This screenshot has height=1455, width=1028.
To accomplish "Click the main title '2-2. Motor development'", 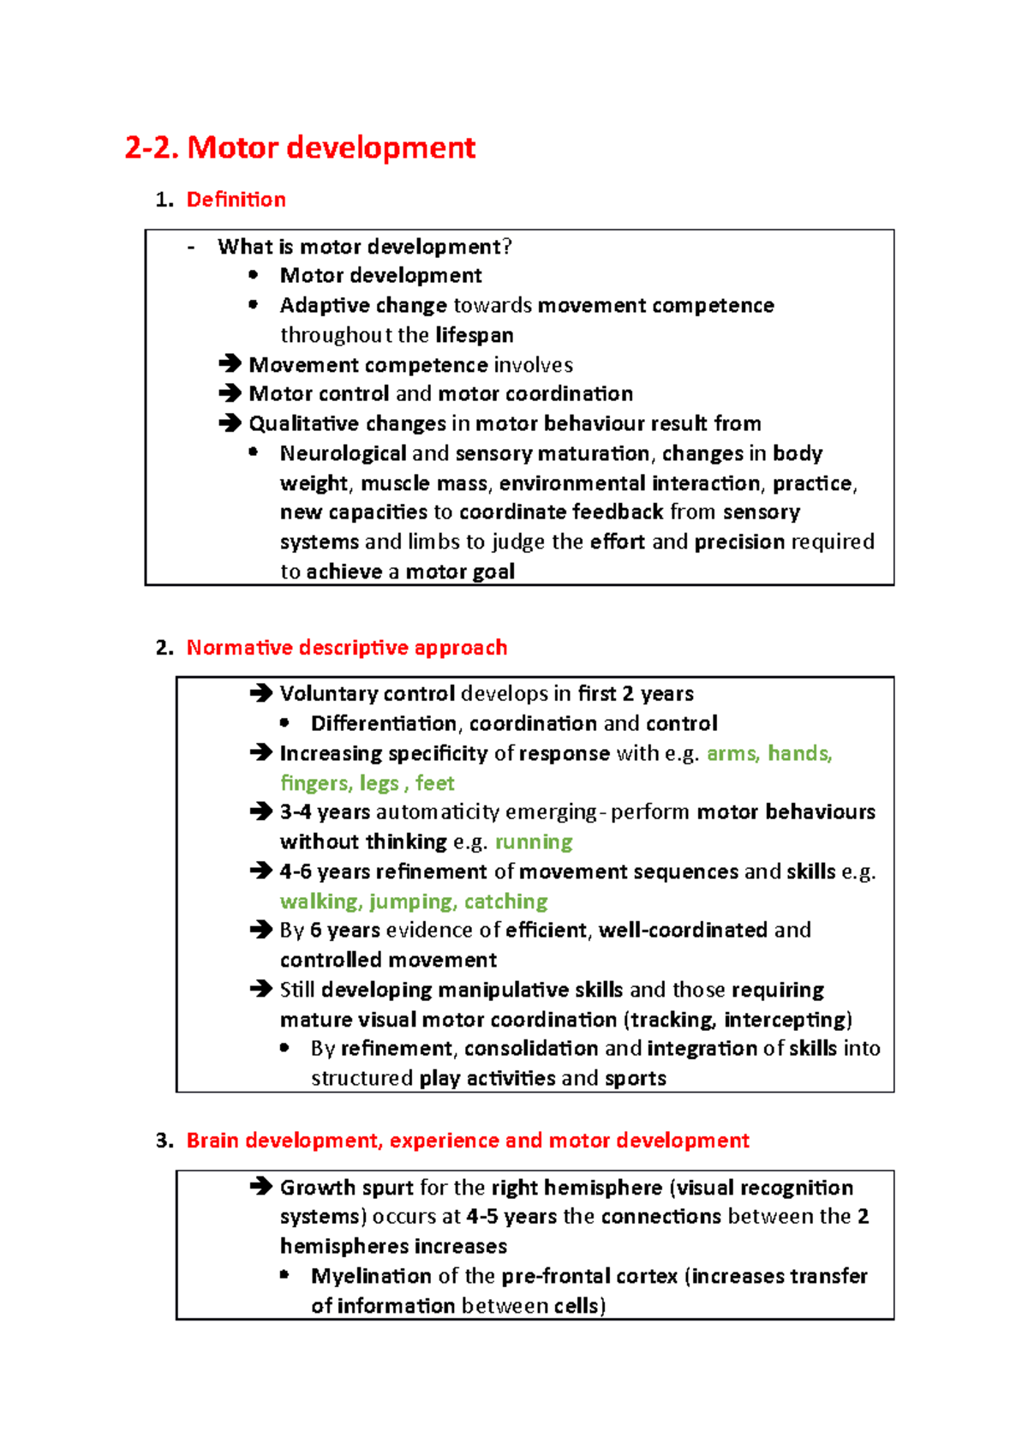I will coord(300,147).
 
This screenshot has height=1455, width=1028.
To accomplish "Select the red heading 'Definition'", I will coord(236,200).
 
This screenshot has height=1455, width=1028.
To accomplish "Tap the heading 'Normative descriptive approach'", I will coord(346,647).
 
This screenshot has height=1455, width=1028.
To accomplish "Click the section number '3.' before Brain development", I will coord(164,1141).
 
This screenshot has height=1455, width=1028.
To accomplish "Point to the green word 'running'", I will coord(534,841).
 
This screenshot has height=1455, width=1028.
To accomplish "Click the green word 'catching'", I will coord(505,901).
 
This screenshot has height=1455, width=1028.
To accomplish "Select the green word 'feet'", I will coord(434,783).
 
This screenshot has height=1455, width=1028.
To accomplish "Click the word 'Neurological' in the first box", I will coord(343,453).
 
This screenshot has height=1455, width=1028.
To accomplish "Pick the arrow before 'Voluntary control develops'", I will coord(261,693).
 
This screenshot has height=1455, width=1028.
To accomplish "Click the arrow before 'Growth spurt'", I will coord(261,1187).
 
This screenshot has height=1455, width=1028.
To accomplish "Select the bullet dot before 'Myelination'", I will coord(284,1275).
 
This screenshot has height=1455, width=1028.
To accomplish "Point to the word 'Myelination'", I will coord(371,1276).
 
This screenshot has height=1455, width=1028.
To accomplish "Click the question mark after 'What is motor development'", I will coord(507,247).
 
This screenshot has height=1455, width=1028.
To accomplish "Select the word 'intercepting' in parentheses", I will coord(786,1020).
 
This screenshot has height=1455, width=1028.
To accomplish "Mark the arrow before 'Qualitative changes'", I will coord(230,423).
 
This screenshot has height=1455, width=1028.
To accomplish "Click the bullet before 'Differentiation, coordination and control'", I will coord(284,723).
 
